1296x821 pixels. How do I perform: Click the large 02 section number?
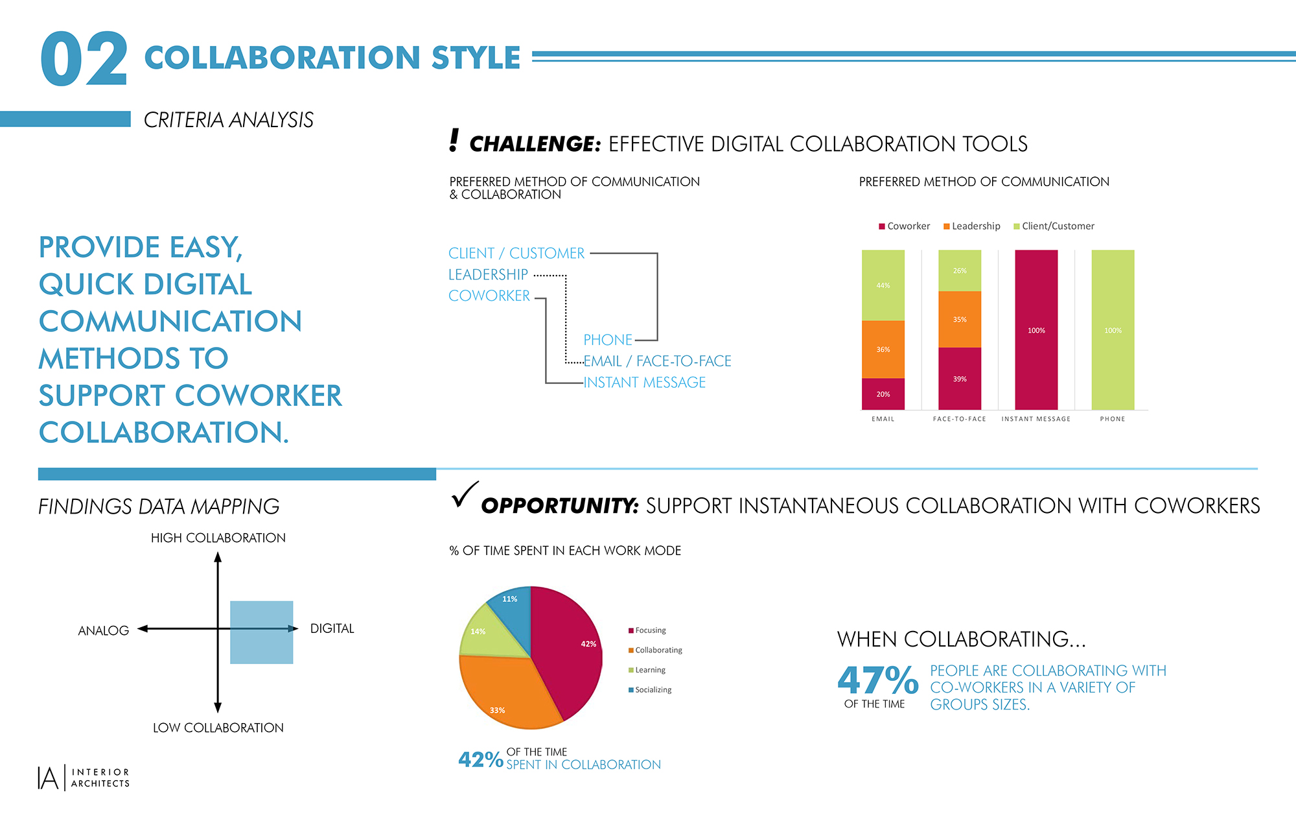click(x=84, y=60)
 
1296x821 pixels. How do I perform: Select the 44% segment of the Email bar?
click(x=883, y=285)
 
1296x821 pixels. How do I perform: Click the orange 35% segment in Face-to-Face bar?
click(x=959, y=319)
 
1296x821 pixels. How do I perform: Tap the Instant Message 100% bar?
click(x=1036, y=330)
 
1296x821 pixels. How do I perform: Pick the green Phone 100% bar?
click(x=1112, y=330)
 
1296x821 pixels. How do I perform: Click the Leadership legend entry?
click(x=972, y=226)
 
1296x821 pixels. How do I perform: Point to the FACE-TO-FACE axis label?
click(x=959, y=419)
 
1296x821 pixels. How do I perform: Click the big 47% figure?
click(x=877, y=680)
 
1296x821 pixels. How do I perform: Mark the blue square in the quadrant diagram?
click(x=262, y=632)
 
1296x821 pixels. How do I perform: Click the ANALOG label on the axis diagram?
click(x=104, y=630)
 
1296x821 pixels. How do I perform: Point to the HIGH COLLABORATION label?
click(x=218, y=538)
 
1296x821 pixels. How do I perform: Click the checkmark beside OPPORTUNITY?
click(x=464, y=494)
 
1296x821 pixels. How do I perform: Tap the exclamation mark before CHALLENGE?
click(x=454, y=141)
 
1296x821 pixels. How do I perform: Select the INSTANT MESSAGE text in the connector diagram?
click(x=644, y=383)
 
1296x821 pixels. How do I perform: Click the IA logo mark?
click(x=49, y=778)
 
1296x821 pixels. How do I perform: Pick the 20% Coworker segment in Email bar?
click(x=883, y=394)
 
